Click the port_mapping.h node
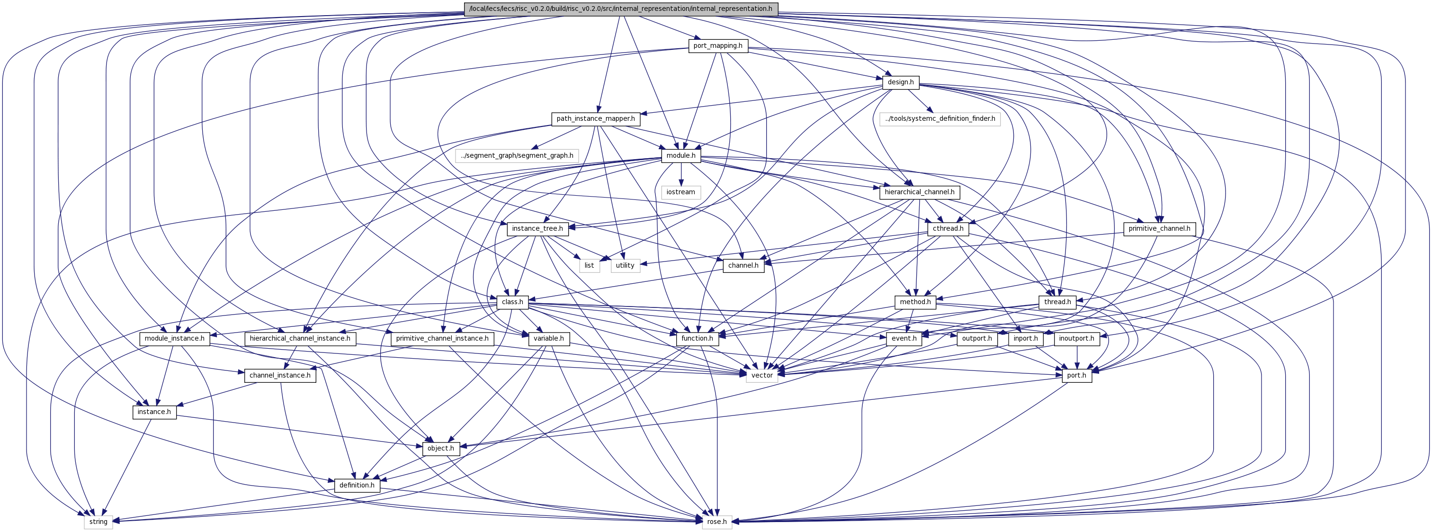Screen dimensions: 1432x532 718,45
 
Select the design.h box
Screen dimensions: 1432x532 901,82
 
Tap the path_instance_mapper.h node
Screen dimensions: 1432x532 596,119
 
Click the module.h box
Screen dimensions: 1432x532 681,156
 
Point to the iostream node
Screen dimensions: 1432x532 681,192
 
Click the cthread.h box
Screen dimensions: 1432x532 949,228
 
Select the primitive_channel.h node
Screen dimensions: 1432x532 1160,228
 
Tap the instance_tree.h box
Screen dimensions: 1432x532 537,228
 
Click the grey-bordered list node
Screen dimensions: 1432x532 589,265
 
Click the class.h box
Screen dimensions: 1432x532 512,302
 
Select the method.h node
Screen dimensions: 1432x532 915,302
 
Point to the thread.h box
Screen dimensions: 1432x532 1057,302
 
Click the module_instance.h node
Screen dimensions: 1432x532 175,339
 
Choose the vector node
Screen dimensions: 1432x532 762,375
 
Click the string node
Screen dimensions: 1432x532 98,522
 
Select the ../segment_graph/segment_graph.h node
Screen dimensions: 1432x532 517,156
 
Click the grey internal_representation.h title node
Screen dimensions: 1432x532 621,9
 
